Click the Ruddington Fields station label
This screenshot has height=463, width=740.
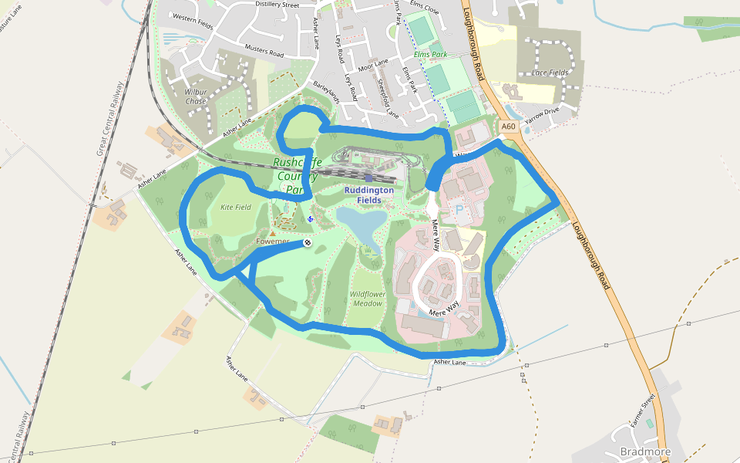coord(368,195)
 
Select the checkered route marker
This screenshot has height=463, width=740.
coord(307,243)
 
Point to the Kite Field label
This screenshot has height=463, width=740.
coord(236,207)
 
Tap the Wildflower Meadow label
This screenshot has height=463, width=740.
coord(367,299)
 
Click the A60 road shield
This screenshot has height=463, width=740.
coord(507,127)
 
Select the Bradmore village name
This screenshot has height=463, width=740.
coord(645,451)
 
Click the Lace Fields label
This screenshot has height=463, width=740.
coord(550,73)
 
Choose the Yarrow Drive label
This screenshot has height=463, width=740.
coord(541,117)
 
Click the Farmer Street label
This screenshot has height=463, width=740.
coord(641,411)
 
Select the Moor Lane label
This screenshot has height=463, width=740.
coord(372,62)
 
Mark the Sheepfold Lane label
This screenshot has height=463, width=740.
coord(387,98)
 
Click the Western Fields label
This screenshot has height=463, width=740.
coord(193,17)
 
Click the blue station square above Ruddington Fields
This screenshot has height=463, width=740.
coord(369,178)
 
